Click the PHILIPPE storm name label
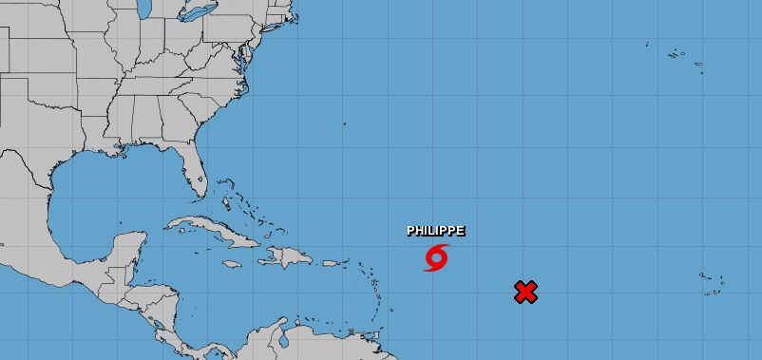pyautogui.click(x=436, y=231)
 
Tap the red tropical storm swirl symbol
pyautogui.click(x=436, y=257)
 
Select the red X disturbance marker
pyautogui.click(x=525, y=292)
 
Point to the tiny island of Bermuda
pyautogui.click(x=344, y=123)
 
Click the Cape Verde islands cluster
pyautogui.click(x=711, y=281)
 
